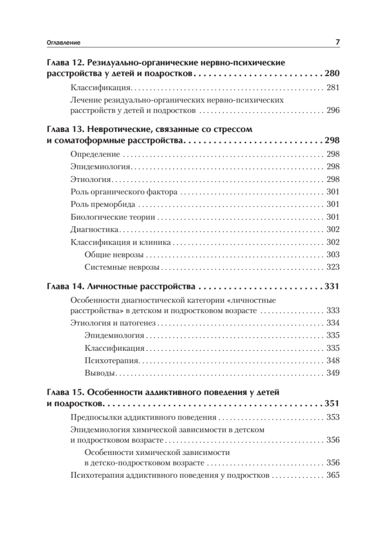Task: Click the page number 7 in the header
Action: [x=338, y=42]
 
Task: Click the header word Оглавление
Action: [x=64, y=43]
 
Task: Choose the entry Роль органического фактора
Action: [x=124, y=192]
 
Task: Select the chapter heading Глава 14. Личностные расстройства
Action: [x=121, y=287]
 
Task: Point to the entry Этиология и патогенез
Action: [x=114, y=323]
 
